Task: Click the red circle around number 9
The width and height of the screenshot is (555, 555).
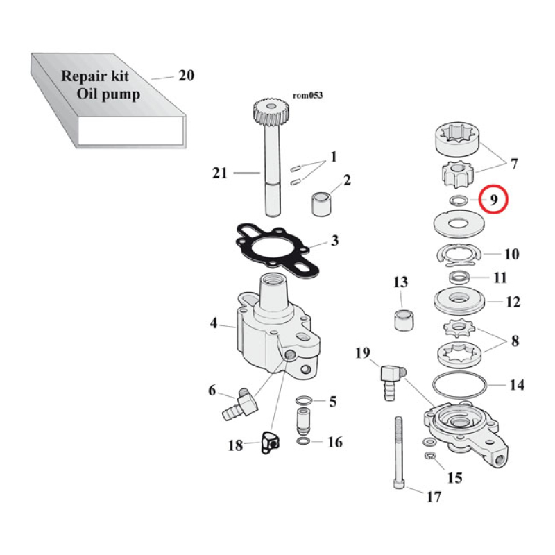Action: click(495, 200)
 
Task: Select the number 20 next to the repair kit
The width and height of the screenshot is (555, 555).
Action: click(186, 76)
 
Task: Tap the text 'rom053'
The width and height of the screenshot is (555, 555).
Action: click(308, 95)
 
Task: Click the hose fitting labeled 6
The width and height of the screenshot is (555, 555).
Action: click(234, 404)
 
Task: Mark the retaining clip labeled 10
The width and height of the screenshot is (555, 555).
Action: click(458, 257)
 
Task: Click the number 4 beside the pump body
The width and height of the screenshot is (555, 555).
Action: click(214, 323)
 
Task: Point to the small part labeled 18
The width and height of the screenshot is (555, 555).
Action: click(268, 443)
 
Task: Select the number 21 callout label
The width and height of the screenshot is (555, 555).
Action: click(220, 173)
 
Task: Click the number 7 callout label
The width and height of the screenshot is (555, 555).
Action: click(514, 164)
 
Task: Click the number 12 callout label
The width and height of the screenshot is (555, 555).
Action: click(513, 302)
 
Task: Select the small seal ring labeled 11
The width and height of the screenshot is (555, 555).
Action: click(459, 277)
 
